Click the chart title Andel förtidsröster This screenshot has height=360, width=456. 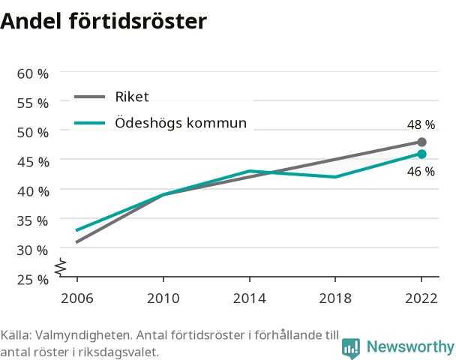pyautogui.click(x=103, y=21)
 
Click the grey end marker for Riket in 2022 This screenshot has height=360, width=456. pyautogui.click(x=421, y=142)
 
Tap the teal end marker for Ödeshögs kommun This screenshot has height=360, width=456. pyautogui.click(x=421, y=154)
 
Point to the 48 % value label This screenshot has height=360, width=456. pyautogui.click(x=421, y=124)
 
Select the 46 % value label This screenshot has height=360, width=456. pyautogui.click(x=421, y=172)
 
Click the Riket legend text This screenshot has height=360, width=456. pyautogui.click(x=132, y=97)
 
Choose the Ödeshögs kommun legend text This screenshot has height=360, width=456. pyautogui.click(x=181, y=122)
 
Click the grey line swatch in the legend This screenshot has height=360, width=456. pyautogui.click(x=89, y=97)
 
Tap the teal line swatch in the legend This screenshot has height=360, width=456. pyautogui.click(x=89, y=123)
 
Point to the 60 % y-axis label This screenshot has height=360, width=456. pyautogui.click(x=32, y=73)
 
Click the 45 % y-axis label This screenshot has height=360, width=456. pyautogui.click(x=33, y=162)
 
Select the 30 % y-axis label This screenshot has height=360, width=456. pyautogui.click(x=32, y=250)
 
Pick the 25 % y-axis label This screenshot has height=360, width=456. pyautogui.click(x=32, y=280)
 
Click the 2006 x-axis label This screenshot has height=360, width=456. pyautogui.click(x=77, y=298)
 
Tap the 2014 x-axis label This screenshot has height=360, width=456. pyautogui.click(x=250, y=298)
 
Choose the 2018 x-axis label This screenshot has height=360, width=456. pyautogui.click(x=335, y=298)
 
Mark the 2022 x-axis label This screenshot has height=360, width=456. pyautogui.click(x=421, y=298)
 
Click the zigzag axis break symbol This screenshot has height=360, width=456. pyautogui.click(x=61, y=267)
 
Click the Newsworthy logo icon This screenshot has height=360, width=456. pyautogui.click(x=351, y=348)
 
